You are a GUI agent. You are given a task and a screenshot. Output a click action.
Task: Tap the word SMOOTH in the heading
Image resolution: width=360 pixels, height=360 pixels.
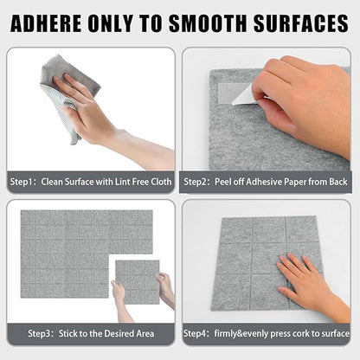220,23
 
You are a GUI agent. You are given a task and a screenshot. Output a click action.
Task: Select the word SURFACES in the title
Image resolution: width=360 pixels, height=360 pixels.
305,23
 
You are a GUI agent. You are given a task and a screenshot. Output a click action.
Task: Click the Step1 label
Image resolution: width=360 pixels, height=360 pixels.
22,183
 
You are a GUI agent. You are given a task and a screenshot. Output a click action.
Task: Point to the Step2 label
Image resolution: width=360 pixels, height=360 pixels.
196,183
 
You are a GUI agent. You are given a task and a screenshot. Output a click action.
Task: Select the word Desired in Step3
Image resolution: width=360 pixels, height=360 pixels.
115,332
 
